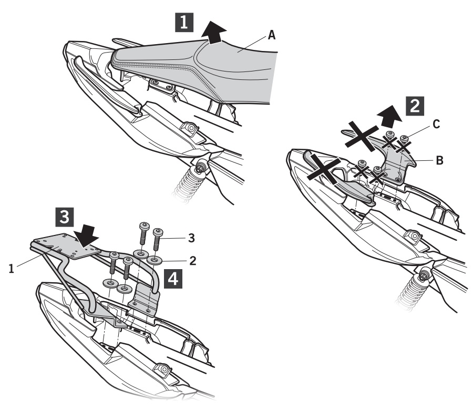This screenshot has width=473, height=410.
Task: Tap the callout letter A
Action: (x=271, y=35)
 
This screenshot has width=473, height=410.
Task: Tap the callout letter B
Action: (x=439, y=162)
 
